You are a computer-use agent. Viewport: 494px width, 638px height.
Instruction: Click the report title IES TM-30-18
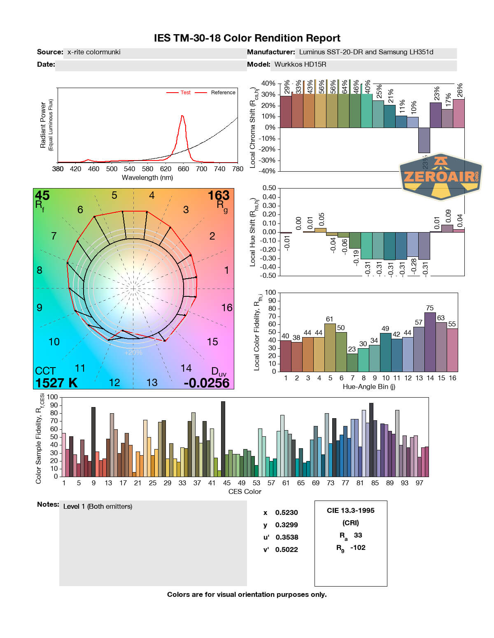(247, 38)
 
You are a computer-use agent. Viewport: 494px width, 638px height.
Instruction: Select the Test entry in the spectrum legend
(185, 93)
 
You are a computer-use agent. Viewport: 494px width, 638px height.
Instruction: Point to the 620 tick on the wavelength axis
(165, 168)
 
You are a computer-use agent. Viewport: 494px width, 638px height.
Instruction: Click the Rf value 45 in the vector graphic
(42, 196)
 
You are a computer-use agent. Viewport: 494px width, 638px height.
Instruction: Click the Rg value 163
(218, 196)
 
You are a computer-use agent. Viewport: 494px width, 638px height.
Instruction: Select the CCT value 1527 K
(56, 383)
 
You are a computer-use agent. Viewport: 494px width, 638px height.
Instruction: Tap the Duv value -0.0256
(206, 383)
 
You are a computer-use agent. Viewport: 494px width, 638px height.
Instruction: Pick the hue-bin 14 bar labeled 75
(430, 342)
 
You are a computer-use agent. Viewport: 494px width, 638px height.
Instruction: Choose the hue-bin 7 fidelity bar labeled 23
(352, 362)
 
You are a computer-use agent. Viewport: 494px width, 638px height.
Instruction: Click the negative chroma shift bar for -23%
(424, 140)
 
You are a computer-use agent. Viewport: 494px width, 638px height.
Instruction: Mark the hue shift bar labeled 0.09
(447, 228)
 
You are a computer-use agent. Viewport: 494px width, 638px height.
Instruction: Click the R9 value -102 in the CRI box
(358, 547)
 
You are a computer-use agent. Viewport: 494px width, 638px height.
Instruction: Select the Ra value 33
(358, 535)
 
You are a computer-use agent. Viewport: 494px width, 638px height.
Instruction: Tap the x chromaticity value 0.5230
(287, 512)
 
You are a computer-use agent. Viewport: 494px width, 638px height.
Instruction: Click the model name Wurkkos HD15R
(300, 64)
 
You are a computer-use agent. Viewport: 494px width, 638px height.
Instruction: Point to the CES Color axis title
(245, 491)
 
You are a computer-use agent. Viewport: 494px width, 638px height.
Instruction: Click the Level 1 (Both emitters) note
(98, 506)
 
